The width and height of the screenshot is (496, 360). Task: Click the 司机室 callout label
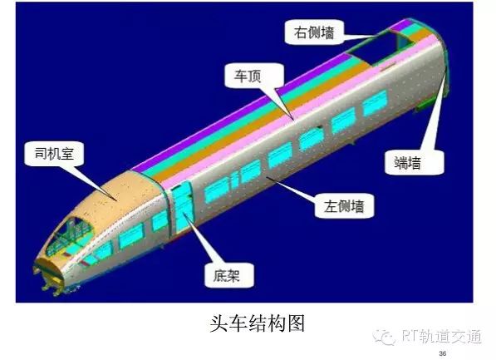tap(54, 154)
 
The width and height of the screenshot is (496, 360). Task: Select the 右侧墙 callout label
tap(314, 32)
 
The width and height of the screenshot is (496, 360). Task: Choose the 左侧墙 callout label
tap(344, 206)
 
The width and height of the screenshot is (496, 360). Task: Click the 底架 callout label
tap(228, 275)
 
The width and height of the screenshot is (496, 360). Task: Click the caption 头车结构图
tap(258, 323)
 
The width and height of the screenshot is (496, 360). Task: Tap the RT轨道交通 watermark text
tap(442, 336)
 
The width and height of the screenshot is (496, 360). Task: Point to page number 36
tap(443, 353)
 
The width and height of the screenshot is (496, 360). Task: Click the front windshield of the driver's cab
tap(71, 236)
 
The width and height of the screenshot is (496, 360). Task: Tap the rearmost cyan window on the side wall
tap(375, 102)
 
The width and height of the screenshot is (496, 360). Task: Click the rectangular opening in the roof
tap(376, 47)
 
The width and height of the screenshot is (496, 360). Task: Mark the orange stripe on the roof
tap(269, 112)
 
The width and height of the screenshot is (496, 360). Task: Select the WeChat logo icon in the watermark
tap(385, 337)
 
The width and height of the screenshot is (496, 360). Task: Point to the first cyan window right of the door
tap(217, 189)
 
